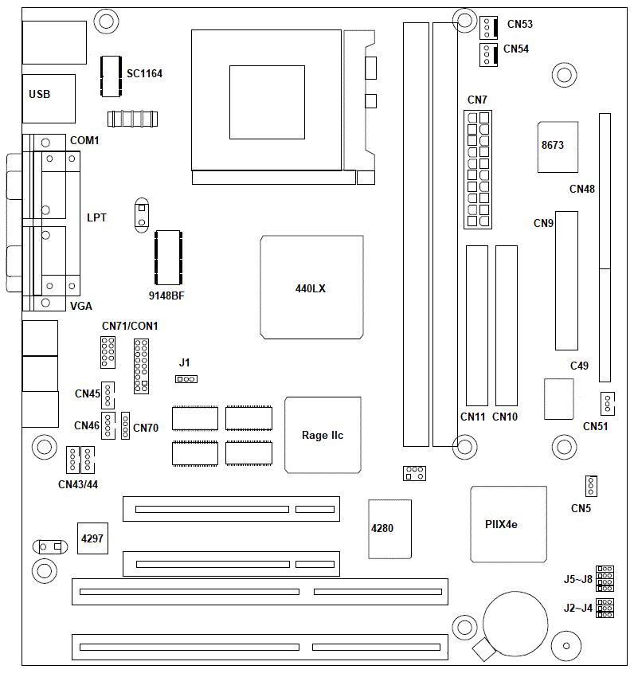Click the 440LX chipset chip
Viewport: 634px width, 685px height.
click(x=311, y=288)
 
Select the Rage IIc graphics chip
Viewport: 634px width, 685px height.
click(x=323, y=435)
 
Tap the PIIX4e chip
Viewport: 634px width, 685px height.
click(x=509, y=524)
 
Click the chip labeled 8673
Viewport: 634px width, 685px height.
click(x=558, y=147)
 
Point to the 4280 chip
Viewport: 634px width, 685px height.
click(x=390, y=529)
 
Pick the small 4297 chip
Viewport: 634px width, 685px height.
click(x=92, y=538)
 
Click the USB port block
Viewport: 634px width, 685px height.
click(x=49, y=99)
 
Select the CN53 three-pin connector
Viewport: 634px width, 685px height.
click(x=488, y=28)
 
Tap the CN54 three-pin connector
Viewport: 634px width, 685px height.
click(x=488, y=55)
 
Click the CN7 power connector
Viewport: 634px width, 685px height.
click(x=478, y=170)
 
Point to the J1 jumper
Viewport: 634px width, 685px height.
click(x=186, y=379)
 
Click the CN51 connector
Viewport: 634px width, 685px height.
click(x=608, y=403)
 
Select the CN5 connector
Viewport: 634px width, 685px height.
click(x=591, y=486)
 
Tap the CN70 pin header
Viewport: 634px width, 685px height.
click(x=125, y=425)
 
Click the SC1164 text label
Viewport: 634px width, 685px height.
click(x=145, y=73)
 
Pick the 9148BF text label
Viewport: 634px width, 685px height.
click(x=166, y=296)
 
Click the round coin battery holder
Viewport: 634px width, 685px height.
click(x=515, y=624)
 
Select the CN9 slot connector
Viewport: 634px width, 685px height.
click(x=567, y=281)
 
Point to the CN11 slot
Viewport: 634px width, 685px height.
click(x=477, y=326)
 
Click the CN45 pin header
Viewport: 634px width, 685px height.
click(x=108, y=395)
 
